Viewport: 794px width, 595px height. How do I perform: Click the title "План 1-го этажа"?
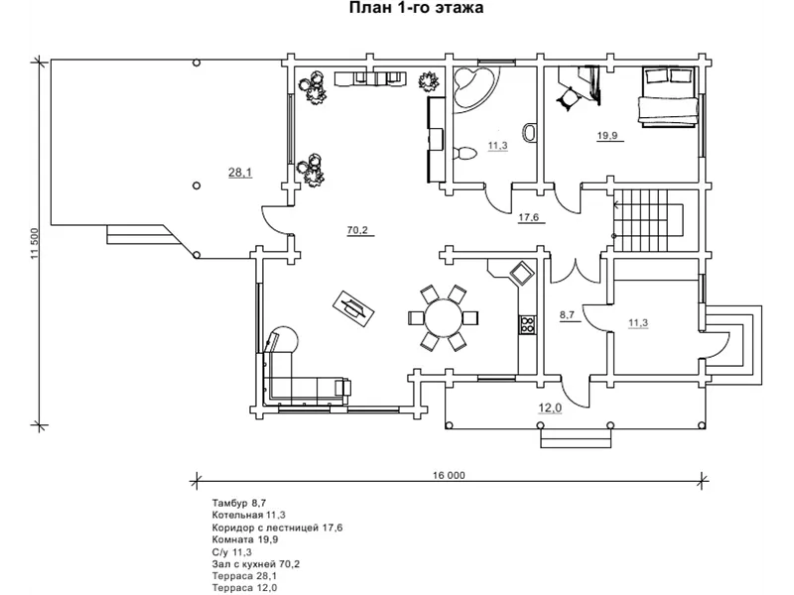(416, 8)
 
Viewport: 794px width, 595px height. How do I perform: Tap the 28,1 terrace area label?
(240, 173)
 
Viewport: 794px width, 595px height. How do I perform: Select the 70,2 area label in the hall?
(357, 230)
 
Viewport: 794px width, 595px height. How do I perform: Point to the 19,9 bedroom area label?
(607, 136)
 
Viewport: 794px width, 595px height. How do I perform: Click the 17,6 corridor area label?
(529, 217)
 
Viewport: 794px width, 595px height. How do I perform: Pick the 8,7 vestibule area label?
(567, 314)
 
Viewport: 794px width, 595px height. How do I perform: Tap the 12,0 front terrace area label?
(550, 408)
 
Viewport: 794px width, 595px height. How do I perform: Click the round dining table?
(444, 318)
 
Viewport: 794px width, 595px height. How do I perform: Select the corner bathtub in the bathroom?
(474, 87)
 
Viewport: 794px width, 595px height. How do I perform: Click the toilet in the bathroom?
(464, 153)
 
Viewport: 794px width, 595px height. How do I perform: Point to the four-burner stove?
(527, 324)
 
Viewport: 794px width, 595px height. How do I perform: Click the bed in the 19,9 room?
(668, 96)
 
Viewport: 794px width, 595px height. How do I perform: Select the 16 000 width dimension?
(449, 475)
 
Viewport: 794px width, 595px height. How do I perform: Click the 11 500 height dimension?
(35, 243)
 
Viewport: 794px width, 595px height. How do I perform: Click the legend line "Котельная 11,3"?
(249, 515)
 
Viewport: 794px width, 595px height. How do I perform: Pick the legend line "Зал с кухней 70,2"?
(256, 563)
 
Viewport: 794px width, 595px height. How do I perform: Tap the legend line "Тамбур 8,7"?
(239, 503)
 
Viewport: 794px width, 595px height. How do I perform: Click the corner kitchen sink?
(521, 273)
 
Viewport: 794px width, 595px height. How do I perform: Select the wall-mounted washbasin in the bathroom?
(531, 132)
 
